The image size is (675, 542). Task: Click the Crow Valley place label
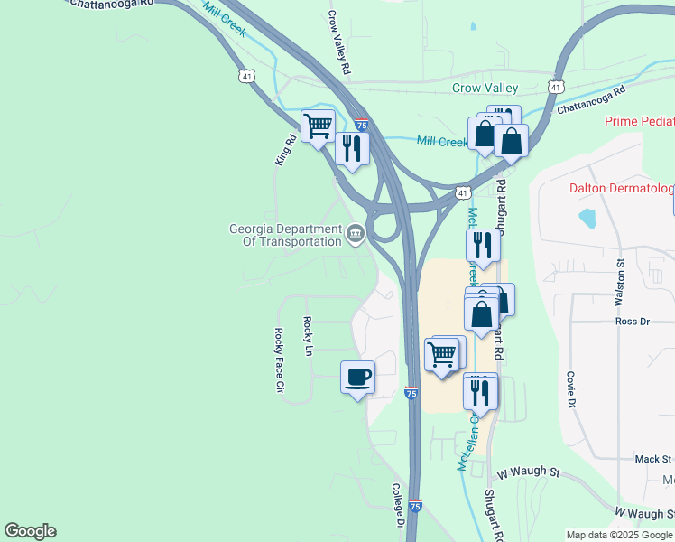(x=485, y=88)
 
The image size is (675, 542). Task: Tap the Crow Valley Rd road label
(x=337, y=42)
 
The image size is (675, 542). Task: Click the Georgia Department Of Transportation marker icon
(x=356, y=236)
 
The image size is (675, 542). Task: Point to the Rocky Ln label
(x=308, y=335)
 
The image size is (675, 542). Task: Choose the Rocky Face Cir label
(x=279, y=360)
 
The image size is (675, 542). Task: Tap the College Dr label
(x=397, y=505)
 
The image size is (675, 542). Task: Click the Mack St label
(x=654, y=460)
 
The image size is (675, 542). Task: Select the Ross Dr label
(x=632, y=322)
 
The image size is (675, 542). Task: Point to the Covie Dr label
(x=571, y=389)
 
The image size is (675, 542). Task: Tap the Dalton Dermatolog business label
(x=622, y=188)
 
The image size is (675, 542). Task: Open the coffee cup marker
(x=358, y=376)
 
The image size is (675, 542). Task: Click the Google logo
(x=30, y=531)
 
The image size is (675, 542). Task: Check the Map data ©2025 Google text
(x=619, y=535)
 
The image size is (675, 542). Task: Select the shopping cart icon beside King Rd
(x=318, y=126)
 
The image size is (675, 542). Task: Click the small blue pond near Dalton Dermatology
(x=588, y=217)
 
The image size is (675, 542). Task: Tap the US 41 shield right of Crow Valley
(x=556, y=88)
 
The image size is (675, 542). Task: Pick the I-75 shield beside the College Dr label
(x=415, y=506)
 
